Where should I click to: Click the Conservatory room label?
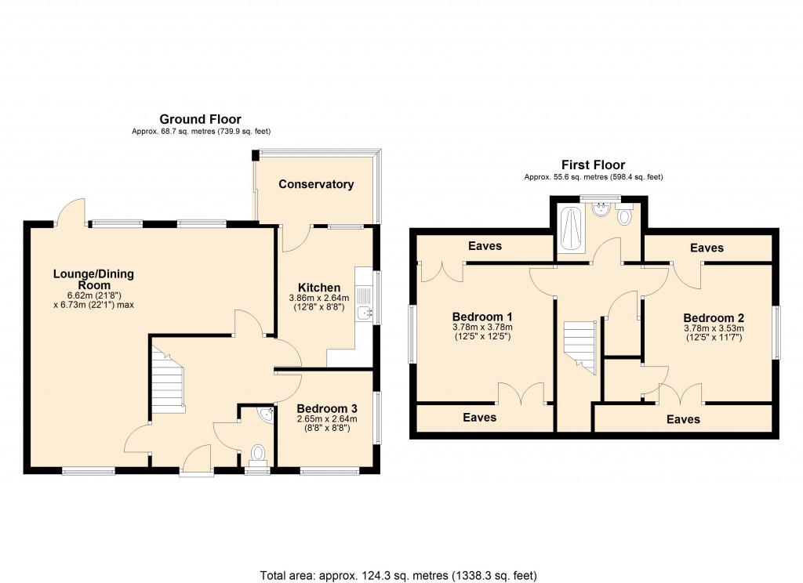point(316,184)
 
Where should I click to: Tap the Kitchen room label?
point(319,288)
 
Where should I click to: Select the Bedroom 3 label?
point(327,408)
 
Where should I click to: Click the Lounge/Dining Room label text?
point(93,280)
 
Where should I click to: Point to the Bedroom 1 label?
point(482,316)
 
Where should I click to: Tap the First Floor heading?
point(593,165)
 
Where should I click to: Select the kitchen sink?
point(365,304)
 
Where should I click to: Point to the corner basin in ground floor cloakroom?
point(267,414)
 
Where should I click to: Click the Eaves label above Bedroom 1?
point(485,246)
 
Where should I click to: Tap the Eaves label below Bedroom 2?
point(683,419)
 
